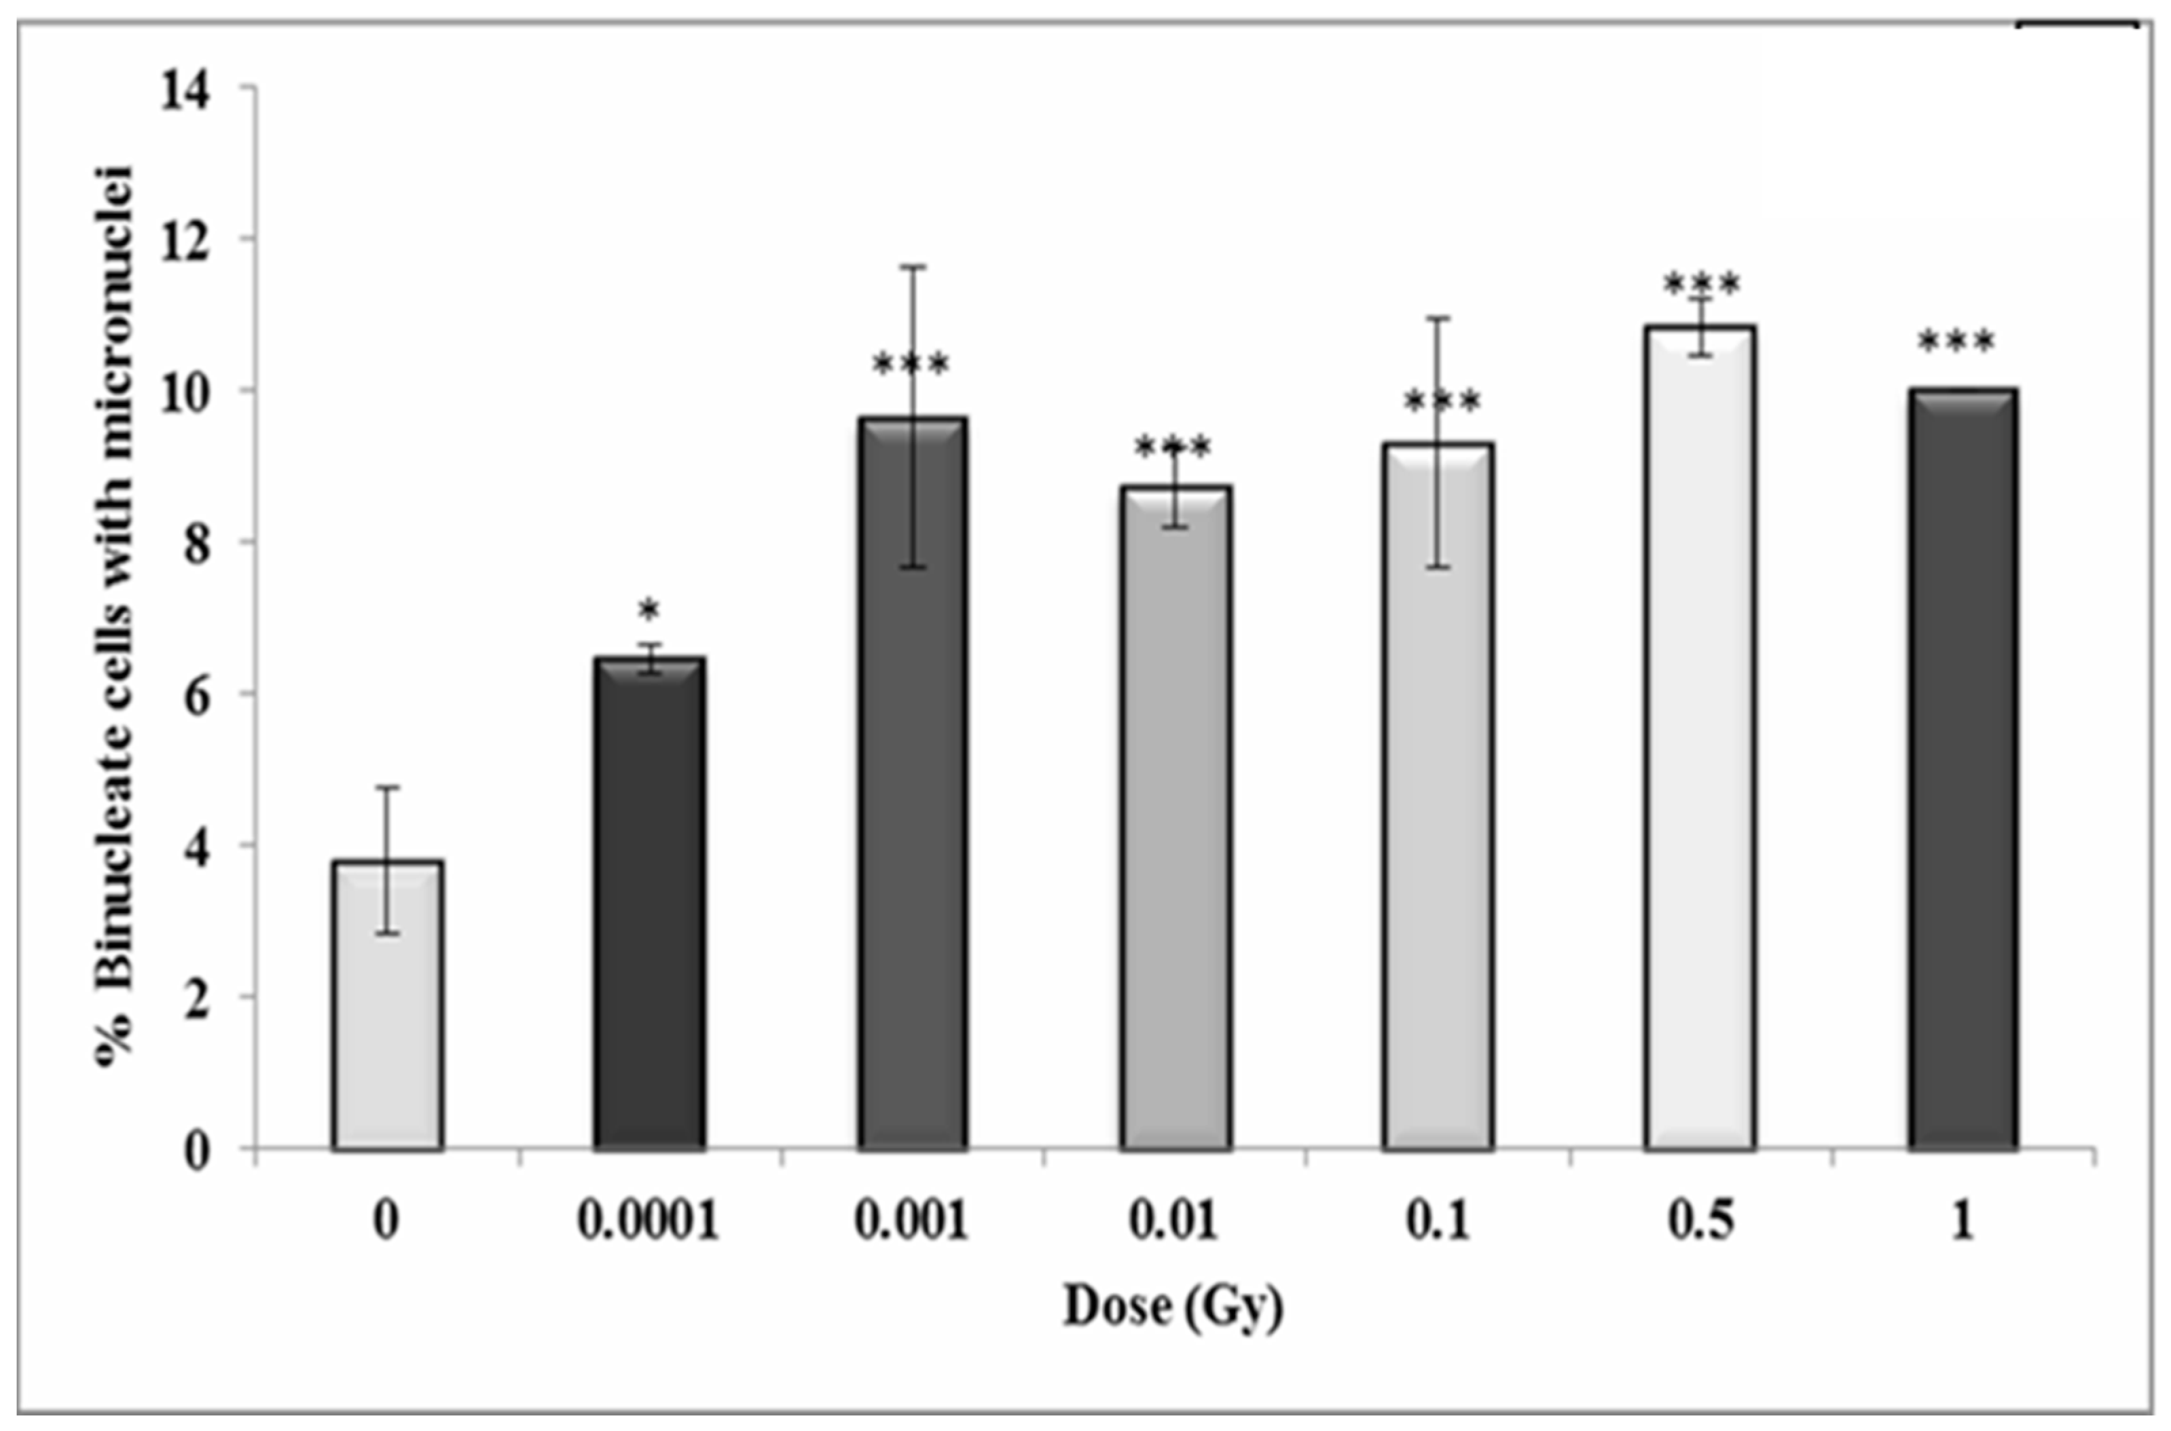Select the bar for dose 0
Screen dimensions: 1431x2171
click(388, 1004)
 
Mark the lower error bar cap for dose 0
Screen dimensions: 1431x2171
click(388, 933)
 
